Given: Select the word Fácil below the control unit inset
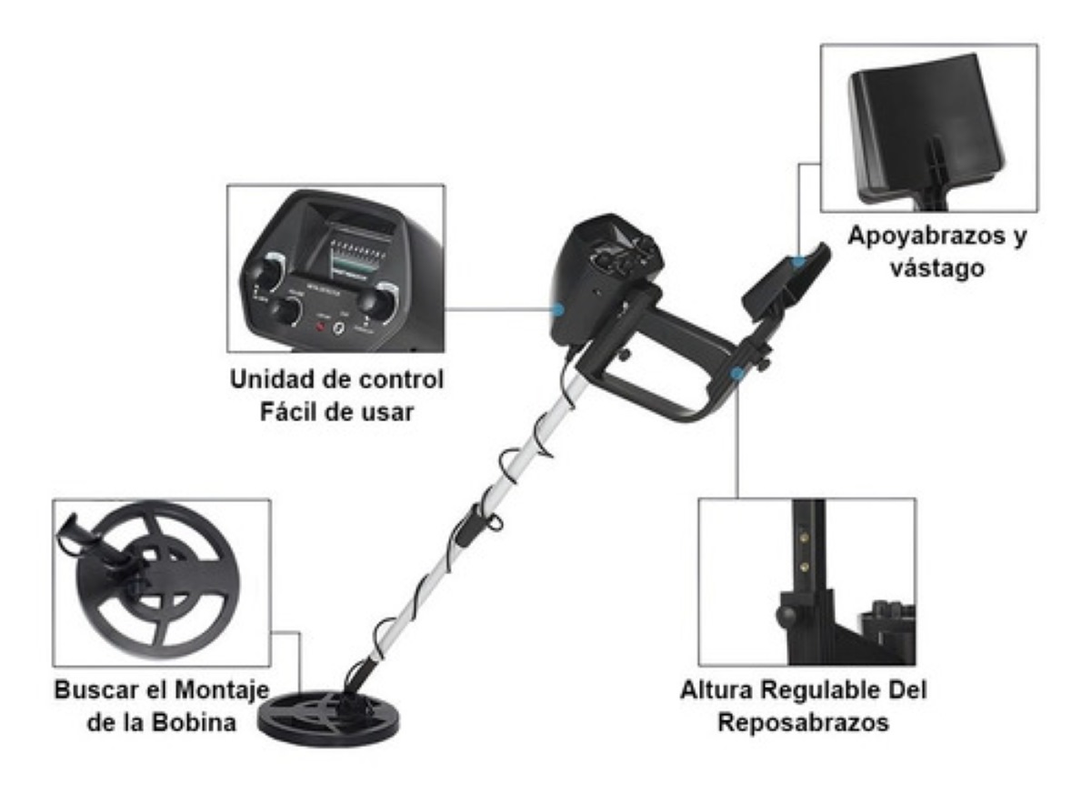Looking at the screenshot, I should pyautogui.click(x=280, y=411).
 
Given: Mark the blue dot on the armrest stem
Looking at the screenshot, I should pyautogui.click(x=736, y=372).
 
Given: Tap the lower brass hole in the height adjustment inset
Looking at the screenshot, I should pyautogui.click(x=804, y=564).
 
